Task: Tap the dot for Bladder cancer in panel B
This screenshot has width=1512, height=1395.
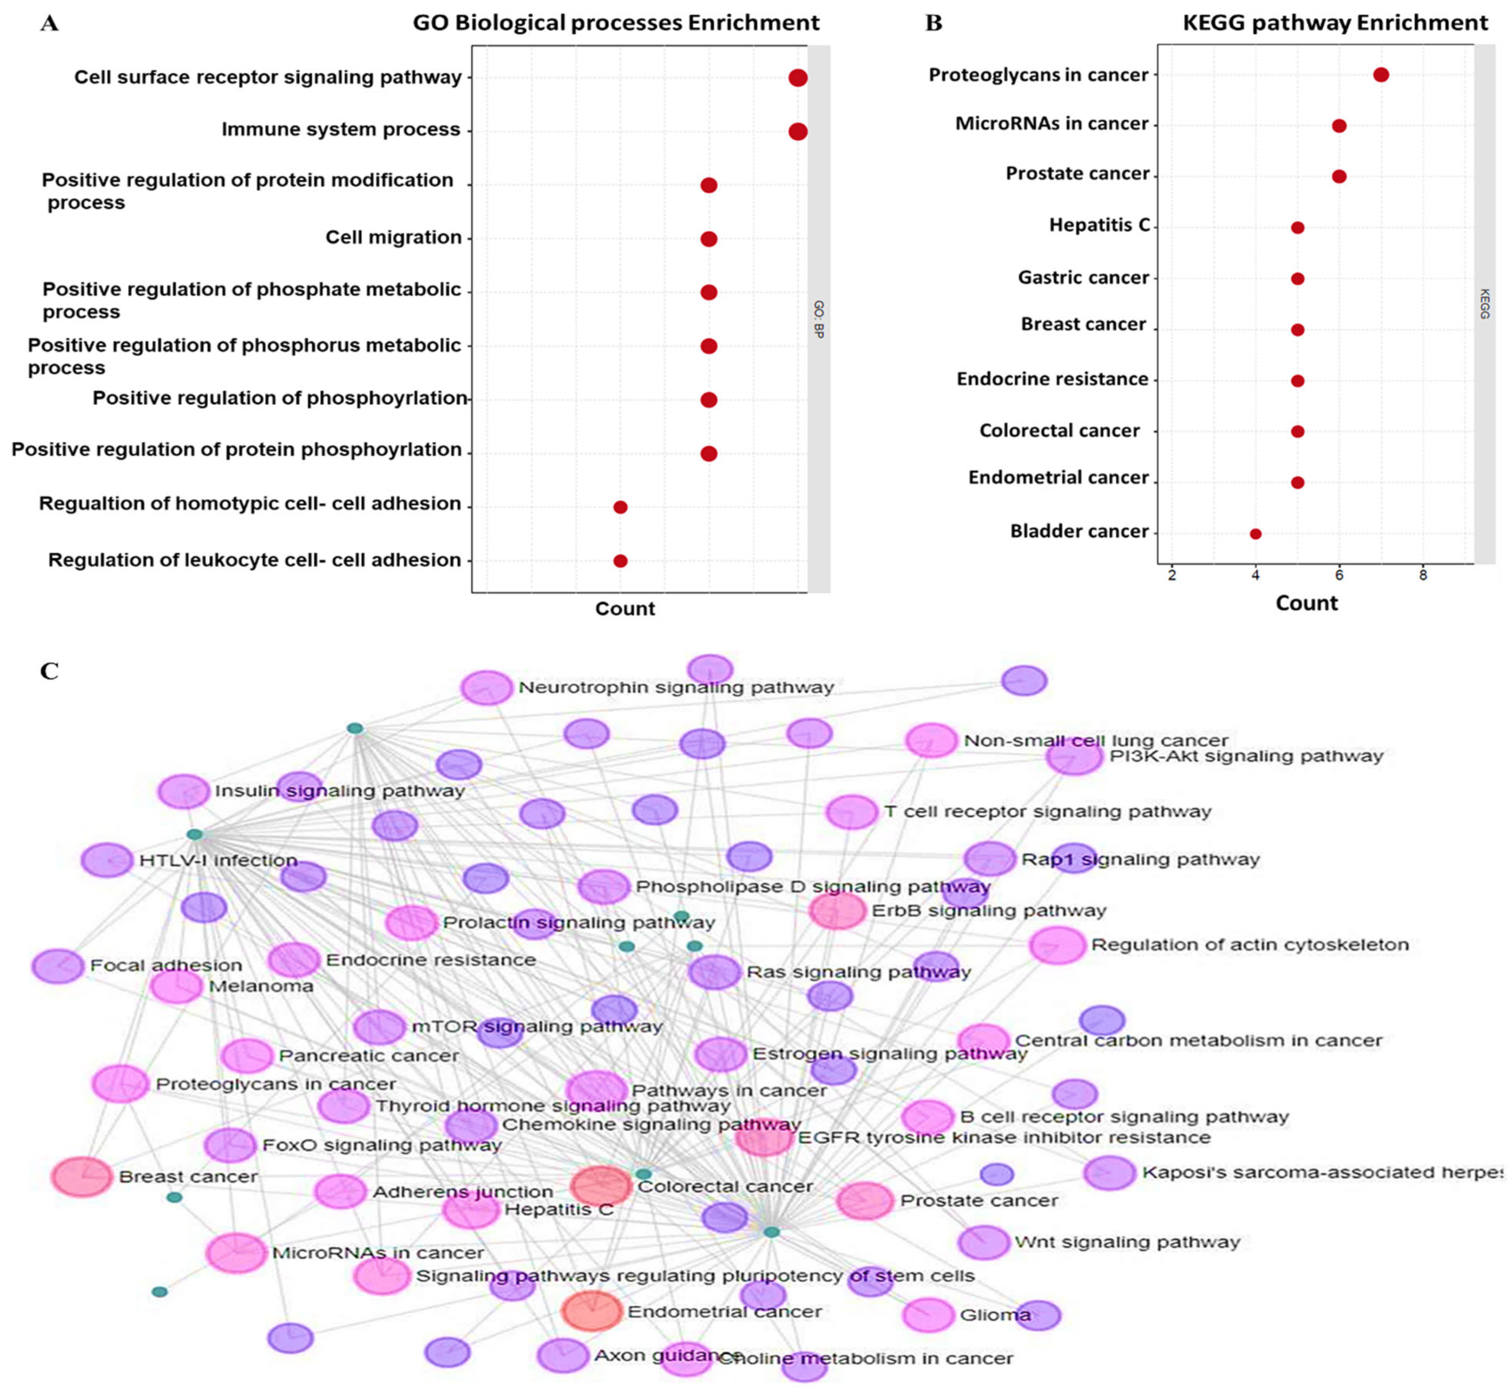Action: pos(1255,534)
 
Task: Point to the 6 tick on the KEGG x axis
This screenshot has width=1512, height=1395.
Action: pos(1339,575)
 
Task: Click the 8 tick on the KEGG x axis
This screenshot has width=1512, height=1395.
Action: pos(1423,575)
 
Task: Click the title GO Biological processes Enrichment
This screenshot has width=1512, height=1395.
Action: pos(615,23)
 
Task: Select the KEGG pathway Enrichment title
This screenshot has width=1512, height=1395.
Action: pos(1334,23)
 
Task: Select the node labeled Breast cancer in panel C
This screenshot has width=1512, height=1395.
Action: pos(81,1177)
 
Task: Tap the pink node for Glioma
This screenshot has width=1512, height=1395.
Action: pos(928,1315)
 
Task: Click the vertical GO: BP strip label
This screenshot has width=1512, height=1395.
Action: pos(818,319)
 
